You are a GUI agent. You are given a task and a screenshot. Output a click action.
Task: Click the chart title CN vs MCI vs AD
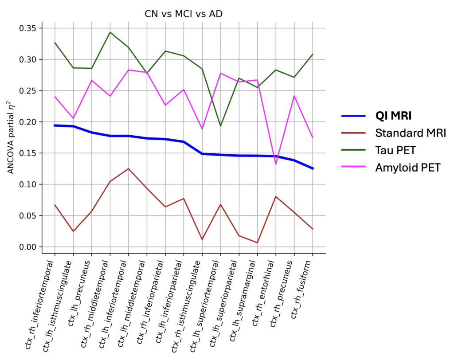point(184,14)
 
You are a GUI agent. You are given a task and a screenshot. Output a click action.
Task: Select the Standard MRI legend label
point(411,133)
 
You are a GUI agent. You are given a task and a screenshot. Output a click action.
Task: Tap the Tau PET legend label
point(395,150)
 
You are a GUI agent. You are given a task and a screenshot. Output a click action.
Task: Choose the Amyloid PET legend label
point(407,168)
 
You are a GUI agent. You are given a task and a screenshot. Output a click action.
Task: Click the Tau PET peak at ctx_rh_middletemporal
point(110,32)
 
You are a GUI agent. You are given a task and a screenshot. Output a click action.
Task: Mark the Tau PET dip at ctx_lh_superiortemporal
point(220,126)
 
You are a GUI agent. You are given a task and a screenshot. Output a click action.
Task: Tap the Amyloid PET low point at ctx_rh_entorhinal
point(276,164)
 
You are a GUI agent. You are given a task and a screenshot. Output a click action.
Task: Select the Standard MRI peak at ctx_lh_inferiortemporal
point(129,168)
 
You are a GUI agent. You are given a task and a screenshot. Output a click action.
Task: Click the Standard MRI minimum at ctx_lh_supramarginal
point(257,243)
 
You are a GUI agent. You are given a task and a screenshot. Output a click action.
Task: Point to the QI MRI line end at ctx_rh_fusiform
point(313,168)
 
